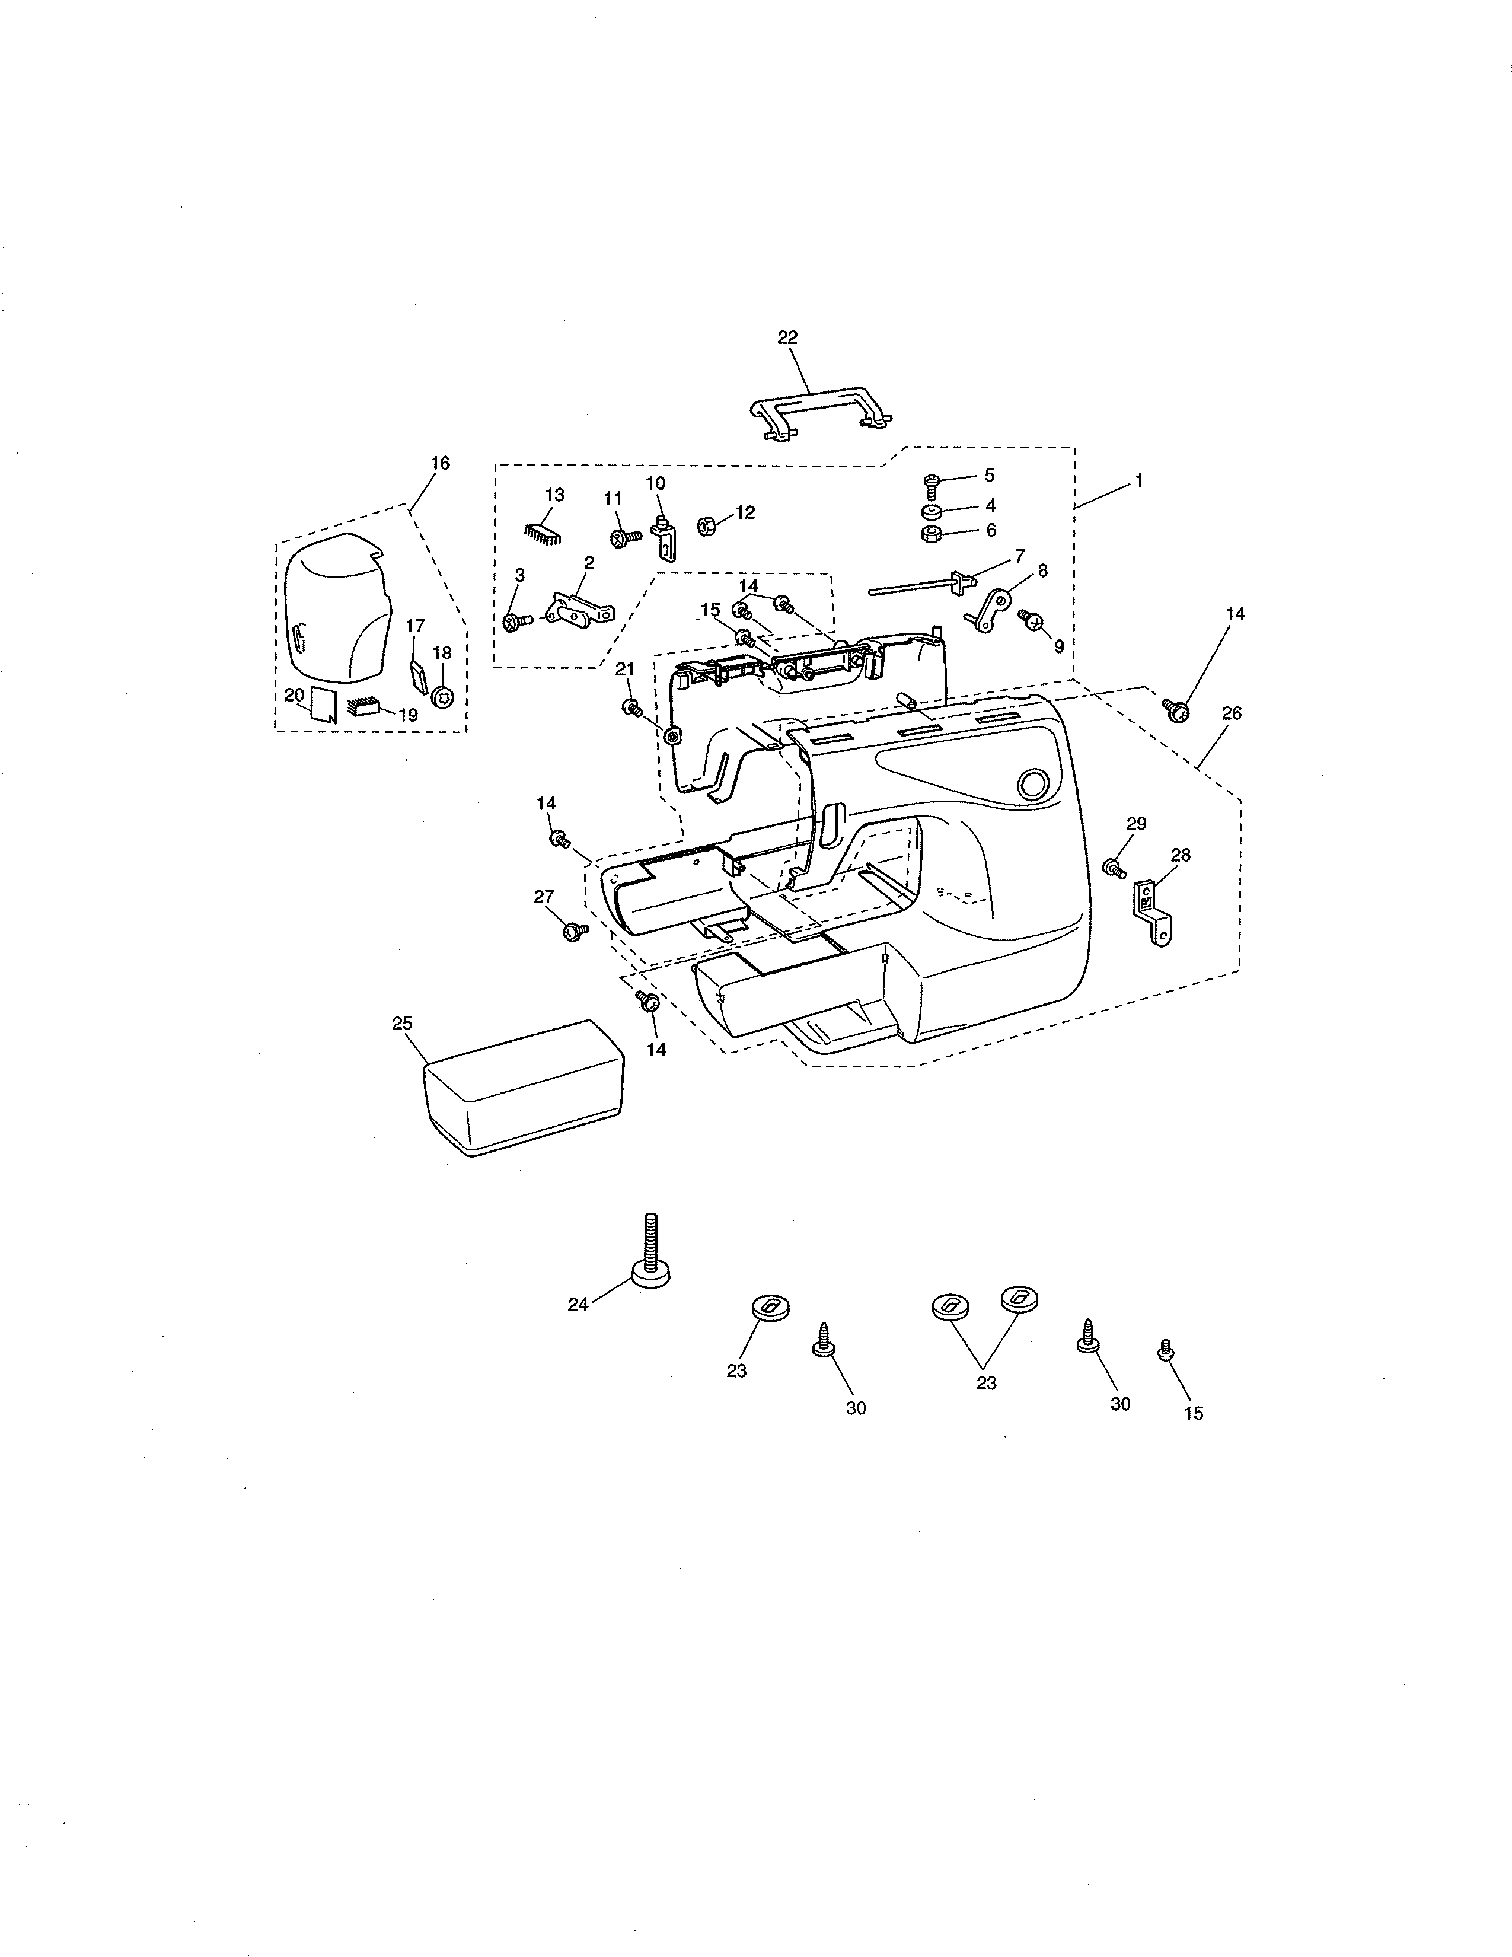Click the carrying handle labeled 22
819,408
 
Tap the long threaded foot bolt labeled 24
650,1254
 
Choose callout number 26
1232,713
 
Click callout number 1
1138,481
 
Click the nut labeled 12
706,526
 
